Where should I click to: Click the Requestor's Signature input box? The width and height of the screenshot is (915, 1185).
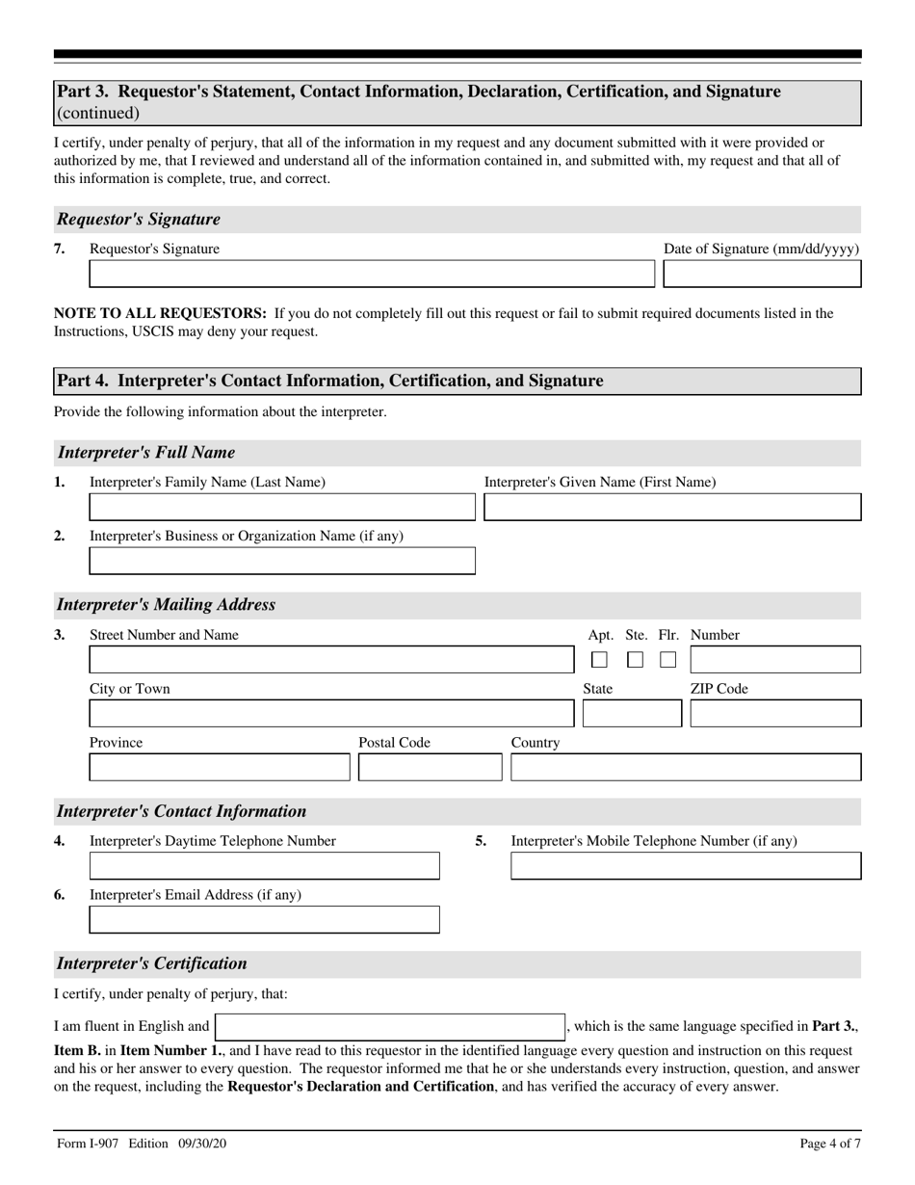(x=371, y=275)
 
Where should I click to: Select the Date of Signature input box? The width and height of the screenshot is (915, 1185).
(x=763, y=275)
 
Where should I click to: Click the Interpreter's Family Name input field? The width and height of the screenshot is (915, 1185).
(x=282, y=508)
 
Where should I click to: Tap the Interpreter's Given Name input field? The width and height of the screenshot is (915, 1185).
(x=672, y=508)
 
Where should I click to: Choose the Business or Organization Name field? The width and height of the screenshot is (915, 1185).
(x=282, y=562)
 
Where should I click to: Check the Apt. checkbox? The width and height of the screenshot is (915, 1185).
(x=599, y=660)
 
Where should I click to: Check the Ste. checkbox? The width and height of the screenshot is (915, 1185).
(x=635, y=660)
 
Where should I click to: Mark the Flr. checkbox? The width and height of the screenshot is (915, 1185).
(x=668, y=660)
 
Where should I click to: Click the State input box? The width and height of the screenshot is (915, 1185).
(x=632, y=714)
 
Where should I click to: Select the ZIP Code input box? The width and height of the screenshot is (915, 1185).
(x=775, y=714)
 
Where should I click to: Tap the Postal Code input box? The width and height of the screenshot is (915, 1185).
(x=431, y=768)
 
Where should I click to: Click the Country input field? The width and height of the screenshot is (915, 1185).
(x=686, y=768)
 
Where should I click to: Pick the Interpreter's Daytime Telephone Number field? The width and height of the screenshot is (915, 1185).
(x=264, y=866)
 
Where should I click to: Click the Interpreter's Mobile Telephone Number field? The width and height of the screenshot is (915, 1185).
(x=686, y=866)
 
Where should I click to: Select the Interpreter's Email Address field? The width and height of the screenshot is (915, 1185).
(x=264, y=920)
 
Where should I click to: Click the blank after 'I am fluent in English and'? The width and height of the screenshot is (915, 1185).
(x=390, y=1027)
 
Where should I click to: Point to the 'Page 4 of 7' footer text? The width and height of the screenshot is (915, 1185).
(x=830, y=1145)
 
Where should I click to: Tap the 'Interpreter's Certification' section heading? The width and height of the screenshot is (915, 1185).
(x=152, y=963)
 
